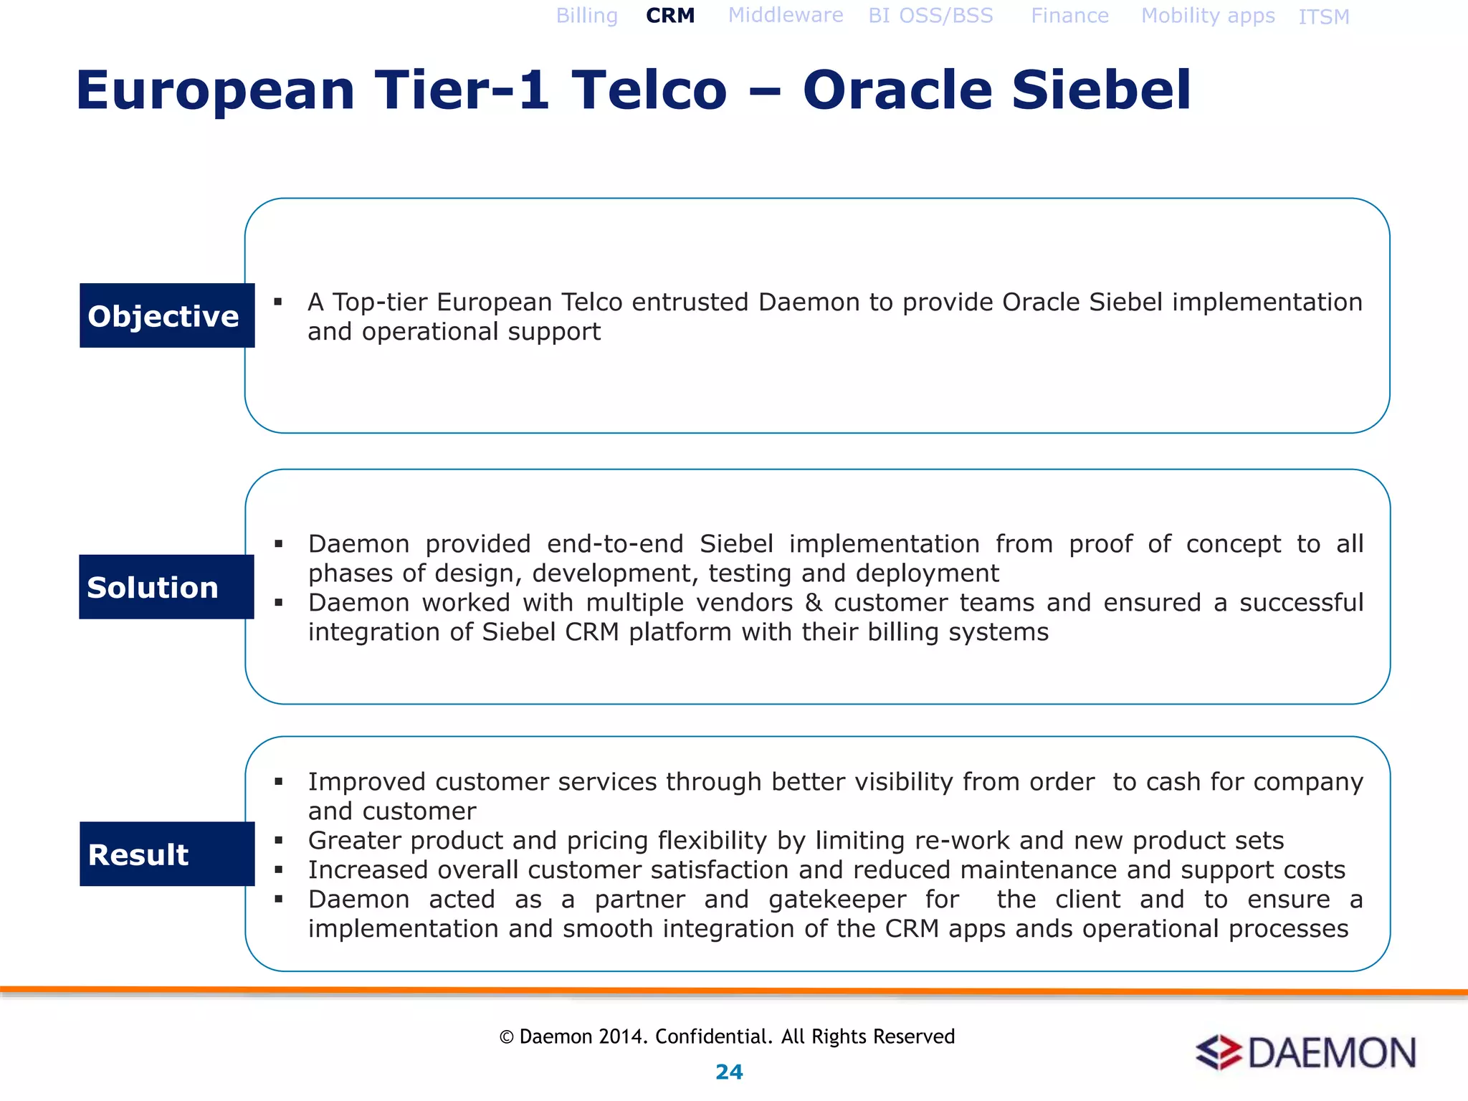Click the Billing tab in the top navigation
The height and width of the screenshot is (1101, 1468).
(x=586, y=16)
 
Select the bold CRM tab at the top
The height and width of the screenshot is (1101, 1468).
(x=670, y=16)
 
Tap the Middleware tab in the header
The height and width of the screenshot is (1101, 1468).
(x=786, y=15)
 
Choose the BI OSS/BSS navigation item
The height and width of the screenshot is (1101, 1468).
(x=930, y=16)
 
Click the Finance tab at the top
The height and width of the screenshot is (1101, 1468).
(x=1069, y=16)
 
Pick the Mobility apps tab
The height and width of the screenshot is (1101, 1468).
(x=1208, y=16)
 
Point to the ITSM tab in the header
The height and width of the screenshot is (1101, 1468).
(x=1323, y=16)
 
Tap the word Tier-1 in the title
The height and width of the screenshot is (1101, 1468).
(x=462, y=90)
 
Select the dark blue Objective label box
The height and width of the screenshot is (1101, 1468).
(x=167, y=315)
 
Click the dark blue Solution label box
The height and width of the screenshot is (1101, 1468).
(x=166, y=587)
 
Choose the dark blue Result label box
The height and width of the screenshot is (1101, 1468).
(x=167, y=854)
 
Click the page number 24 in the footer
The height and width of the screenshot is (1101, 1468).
(x=729, y=1072)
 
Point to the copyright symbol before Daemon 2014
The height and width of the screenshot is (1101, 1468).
(x=507, y=1037)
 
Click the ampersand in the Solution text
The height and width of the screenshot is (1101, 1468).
(x=813, y=603)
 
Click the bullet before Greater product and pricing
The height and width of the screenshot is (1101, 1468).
(x=279, y=840)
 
